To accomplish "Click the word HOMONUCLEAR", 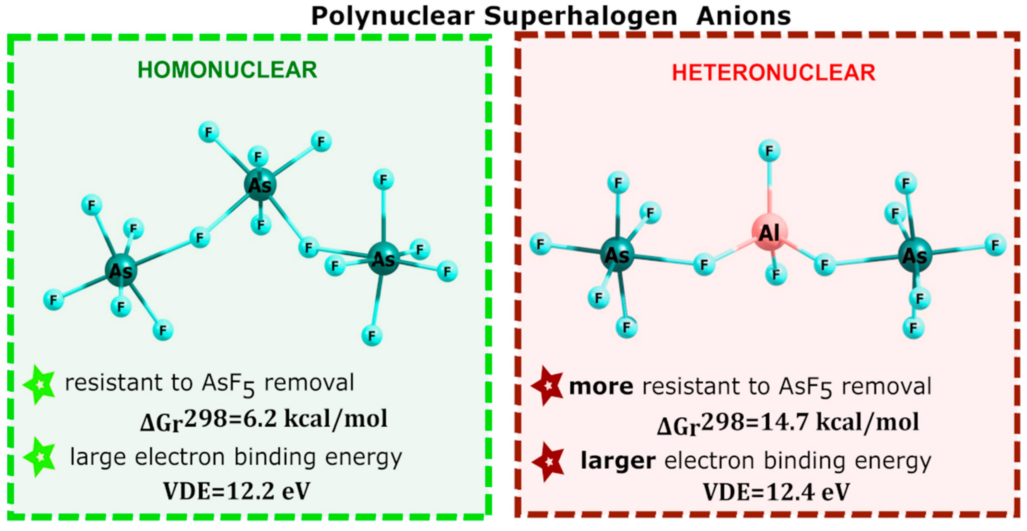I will pyautogui.click(x=227, y=70).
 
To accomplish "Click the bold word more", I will pyautogui.click(x=601, y=387).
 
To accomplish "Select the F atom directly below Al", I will pyautogui.click(x=776, y=275).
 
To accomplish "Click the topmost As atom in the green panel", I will pyautogui.click(x=260, y=185).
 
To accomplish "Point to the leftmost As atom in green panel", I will pyautogui.click(x=121, y=271).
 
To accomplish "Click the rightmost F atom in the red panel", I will pyautogui.click(x=995, y=245).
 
